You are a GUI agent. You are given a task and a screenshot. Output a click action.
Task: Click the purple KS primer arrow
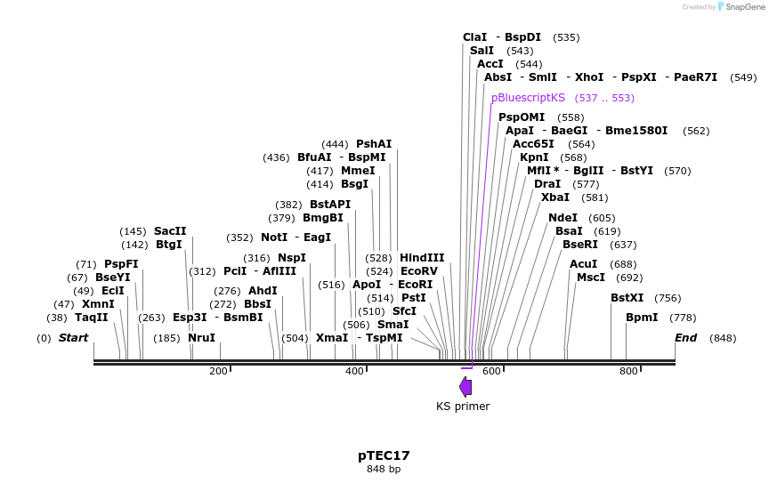click(465, 386)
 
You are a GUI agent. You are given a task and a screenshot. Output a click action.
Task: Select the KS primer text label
click(463, 407)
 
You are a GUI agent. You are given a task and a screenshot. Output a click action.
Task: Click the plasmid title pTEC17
click(384, 455)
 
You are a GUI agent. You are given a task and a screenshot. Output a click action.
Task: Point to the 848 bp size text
click(384, 469)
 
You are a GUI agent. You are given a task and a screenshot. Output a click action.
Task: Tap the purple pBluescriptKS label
click(528, 98)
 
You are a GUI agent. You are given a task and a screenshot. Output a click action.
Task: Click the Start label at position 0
click(74, 338)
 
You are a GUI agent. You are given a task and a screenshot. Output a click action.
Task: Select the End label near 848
click(686, 338)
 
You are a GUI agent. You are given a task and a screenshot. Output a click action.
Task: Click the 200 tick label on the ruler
click(218, 371)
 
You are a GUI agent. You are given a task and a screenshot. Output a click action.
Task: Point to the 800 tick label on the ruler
click(627, 371)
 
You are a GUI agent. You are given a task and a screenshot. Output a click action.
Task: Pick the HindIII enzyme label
click(422, 258)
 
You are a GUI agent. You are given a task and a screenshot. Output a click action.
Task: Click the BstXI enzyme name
click(627, 298)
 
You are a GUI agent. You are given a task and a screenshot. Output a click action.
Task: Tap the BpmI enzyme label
click(642, 318)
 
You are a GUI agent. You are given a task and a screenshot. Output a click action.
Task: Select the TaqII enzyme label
click(91, 318)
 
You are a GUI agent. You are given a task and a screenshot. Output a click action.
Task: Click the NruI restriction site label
click(202, 338)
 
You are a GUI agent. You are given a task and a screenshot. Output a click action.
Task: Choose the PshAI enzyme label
click(374, 144)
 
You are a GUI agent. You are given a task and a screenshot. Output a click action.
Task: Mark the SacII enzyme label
click(170, 231)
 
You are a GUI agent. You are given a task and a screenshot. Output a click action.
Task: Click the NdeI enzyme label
click(563, 218)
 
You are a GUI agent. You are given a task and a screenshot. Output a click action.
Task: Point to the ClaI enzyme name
click(475, 37)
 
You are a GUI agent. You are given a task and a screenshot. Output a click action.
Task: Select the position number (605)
click(602, 218)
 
